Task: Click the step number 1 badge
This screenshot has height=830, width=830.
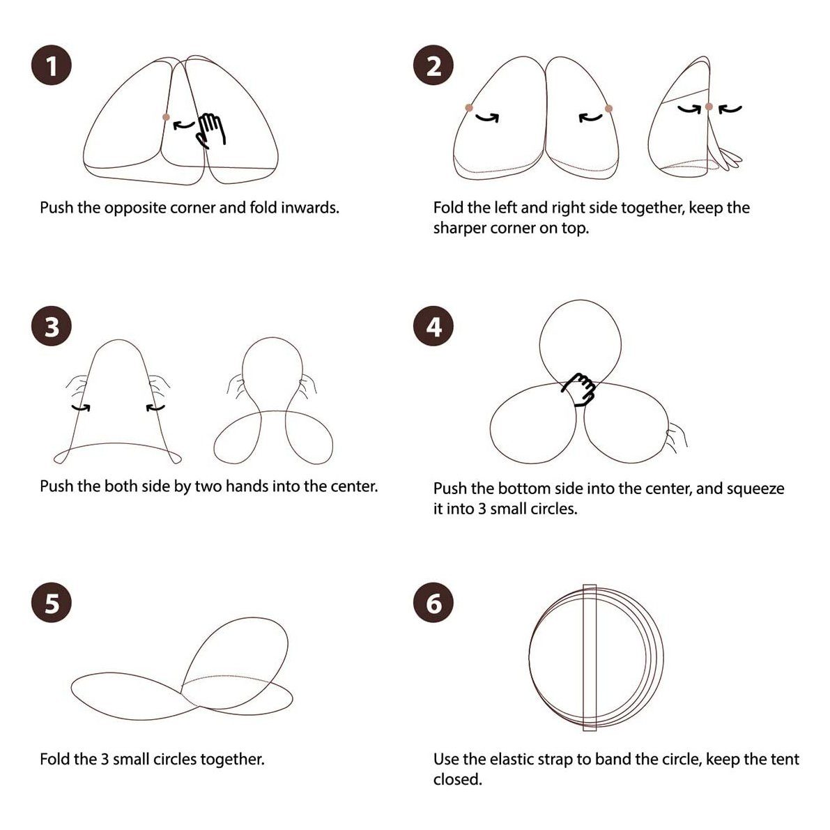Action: pos(52,66)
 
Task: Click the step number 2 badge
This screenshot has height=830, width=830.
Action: pos(433,66)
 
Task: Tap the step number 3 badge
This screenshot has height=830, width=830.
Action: pos(52,326)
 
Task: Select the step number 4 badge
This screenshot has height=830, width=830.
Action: pos(433,326)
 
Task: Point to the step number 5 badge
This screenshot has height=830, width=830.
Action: pos(52,602)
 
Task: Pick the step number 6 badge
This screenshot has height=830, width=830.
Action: pos(433,602)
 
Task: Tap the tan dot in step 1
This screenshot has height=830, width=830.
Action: pos(167,117)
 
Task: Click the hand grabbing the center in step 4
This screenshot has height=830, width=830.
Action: pos(578,389)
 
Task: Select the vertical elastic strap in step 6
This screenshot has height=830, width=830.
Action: pos(590,657)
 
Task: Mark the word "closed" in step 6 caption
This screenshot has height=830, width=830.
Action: pos(456,779)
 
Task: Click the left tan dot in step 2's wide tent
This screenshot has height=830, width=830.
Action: pos(469,108)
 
